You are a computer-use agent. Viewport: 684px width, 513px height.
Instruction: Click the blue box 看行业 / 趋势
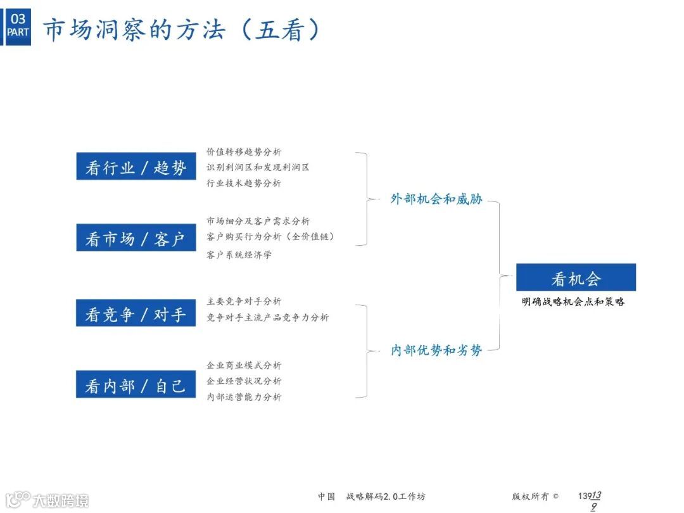coord(136,167)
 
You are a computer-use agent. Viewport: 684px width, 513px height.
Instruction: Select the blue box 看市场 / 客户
coord(136,238)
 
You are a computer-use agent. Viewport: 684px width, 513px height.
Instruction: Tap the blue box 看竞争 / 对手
coord(136,313)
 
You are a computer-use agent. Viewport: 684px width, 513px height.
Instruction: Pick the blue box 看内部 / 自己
coord(136,385)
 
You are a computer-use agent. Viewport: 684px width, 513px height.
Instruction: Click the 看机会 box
coord(576,278)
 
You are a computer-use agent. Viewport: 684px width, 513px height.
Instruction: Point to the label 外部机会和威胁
coord(436,199)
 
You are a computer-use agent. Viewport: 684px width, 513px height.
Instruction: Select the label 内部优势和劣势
coord(436,350)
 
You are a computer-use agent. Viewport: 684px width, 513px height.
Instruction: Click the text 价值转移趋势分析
coord(244,152)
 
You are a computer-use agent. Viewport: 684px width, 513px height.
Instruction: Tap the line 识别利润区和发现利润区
coord(258,168)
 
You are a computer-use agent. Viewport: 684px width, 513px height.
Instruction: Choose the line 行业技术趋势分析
coord(244,184)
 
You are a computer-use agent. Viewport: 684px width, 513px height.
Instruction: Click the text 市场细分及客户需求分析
coord(258,221)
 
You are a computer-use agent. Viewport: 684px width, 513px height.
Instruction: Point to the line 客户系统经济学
coord(239,255)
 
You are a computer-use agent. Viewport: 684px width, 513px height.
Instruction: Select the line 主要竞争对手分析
coord(244,301)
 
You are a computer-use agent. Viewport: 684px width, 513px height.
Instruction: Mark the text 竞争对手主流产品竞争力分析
coord(267,317)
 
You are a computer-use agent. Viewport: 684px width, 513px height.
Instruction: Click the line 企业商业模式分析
coord(244,365)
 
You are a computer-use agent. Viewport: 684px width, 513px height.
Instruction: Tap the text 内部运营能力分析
coord(244,397)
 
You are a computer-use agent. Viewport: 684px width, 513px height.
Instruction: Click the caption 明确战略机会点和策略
coord(573,302)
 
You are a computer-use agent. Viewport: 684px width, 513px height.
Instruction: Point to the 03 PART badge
coord(18,25)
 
